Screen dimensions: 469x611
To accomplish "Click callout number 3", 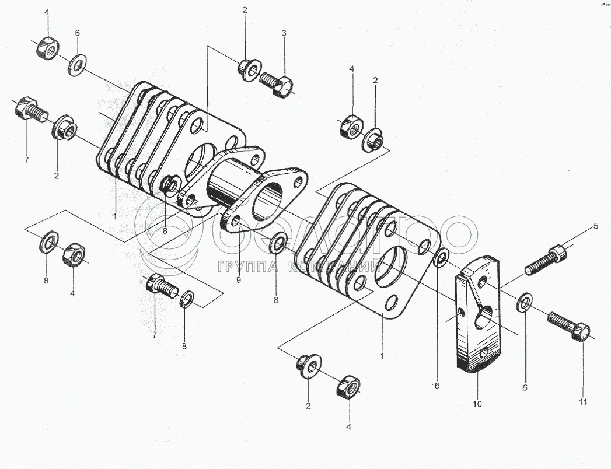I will click(x=284, y=33).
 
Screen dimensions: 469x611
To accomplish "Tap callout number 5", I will click(x=596, y=225).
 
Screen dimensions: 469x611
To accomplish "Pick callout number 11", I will click(x=584, y=402).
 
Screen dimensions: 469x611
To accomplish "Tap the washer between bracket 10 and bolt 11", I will click(x=525, y=302).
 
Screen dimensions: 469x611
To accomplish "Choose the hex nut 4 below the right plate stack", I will click(x=348, y=386).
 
